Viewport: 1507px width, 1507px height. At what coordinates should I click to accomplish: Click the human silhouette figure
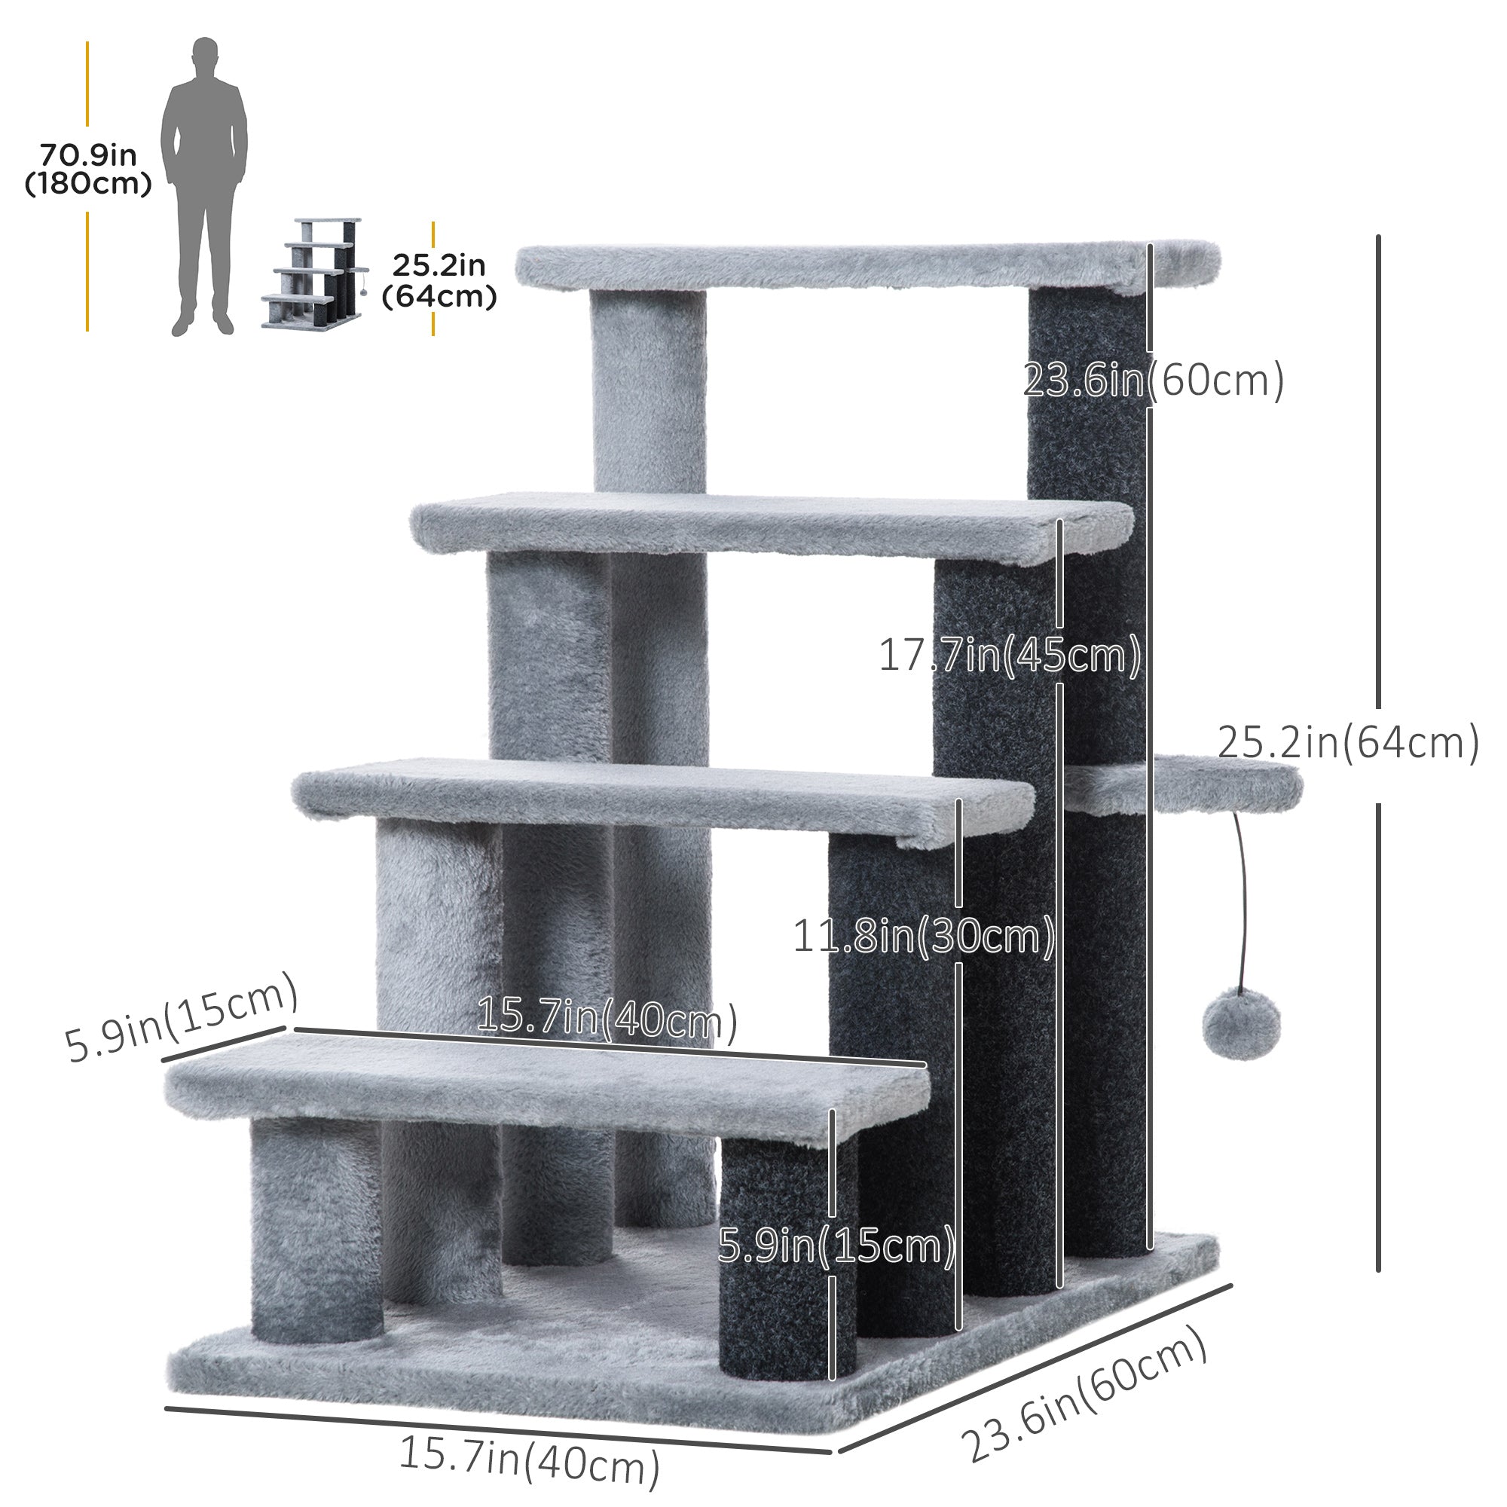[x=204, y=187]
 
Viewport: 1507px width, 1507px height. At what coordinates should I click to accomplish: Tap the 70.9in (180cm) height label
[x=88, y=170]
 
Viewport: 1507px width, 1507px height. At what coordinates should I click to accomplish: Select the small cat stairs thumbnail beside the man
[x=315, y=273]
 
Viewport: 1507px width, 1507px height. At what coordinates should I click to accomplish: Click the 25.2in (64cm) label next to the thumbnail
[x=439, y=281]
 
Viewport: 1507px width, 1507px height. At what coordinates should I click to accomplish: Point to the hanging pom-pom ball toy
[x=1241, y=1024]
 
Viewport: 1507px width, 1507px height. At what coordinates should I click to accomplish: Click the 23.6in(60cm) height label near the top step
[x=1152, y=381]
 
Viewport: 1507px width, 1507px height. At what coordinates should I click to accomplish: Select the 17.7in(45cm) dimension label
[x=1010, y=656]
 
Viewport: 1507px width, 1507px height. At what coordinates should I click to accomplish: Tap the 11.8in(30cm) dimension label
[x=924, y=936]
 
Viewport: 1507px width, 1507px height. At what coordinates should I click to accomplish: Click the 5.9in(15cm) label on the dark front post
[x=836, y=1246]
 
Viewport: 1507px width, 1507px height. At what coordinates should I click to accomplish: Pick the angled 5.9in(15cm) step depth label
[x=181, y=1018]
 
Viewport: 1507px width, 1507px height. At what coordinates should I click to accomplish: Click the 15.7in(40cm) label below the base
[x=529, y=1460]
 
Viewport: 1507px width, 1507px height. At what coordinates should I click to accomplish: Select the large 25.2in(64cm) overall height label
[x=1348, y=743]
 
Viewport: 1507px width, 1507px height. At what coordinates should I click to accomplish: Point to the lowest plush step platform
[x=546, y=1088]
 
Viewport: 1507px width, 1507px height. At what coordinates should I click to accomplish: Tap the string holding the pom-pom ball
[x=1243, y=897]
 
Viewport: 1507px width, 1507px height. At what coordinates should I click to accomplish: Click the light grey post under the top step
[x=648, y=390]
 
